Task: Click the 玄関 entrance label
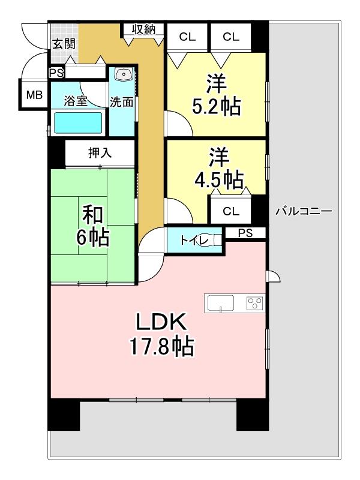point(64,44)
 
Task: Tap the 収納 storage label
point(144,29)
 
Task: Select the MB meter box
point(34,95)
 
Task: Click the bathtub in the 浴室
point(78,123)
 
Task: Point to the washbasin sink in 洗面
point(124,74)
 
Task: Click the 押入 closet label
point(100,153)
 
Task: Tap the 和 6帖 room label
point(93,226)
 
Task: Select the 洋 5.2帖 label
point(216,95)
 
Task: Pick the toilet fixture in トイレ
point(215,239)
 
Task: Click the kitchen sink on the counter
point(221,304)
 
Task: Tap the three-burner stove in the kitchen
point(256,303)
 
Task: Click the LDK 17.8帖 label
point(161,334)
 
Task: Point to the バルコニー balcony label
point(304,211)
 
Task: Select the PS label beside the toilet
point(245,233)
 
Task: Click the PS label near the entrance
point(56,73)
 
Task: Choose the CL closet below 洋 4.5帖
point(231,211)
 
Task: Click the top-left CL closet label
point(187,37)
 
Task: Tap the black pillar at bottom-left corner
point(64,415)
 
